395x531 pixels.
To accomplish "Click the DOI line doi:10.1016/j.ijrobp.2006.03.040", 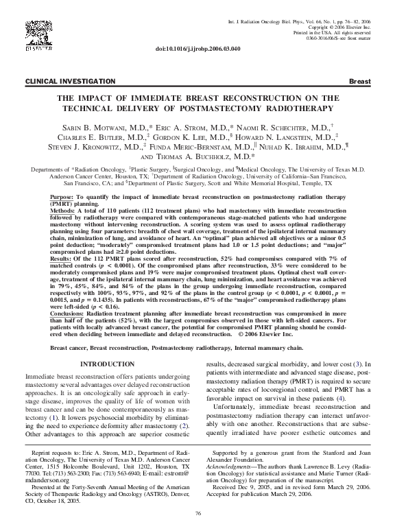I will tap(197, 49).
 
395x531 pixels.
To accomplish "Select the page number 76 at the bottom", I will tap(197, 513).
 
